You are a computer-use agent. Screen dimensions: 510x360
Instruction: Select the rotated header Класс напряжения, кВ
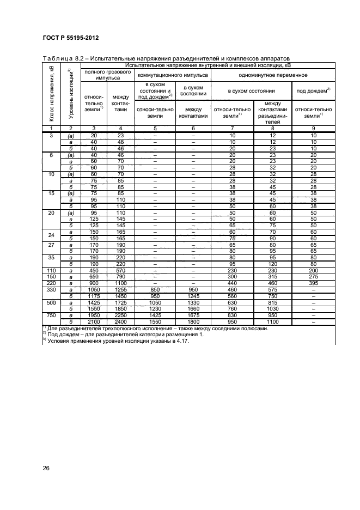coord(51,93)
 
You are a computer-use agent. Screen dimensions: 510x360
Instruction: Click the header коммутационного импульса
coord(172,75)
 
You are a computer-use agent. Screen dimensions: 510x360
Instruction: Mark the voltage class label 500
coord(50,302)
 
